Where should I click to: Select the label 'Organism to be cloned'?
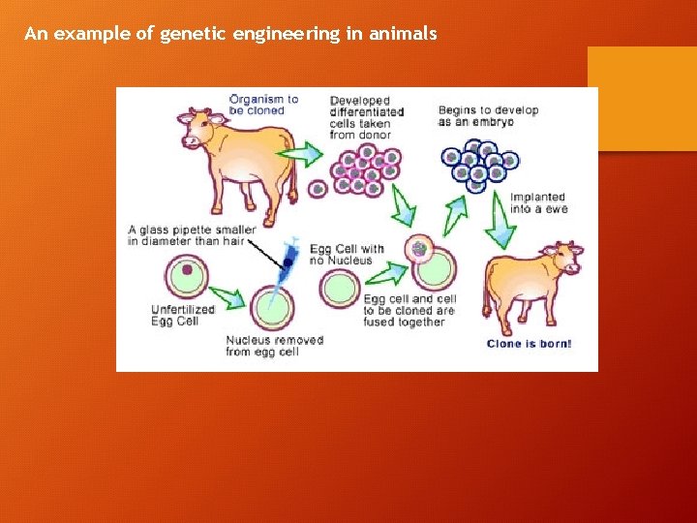point(263,104)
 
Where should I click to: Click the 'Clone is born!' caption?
point(529,344)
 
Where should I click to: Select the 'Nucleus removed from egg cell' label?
point(275,346)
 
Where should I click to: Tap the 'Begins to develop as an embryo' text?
point(488,115)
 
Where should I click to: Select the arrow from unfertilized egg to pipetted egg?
point(228,297)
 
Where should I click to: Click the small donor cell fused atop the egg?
point(419,249)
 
